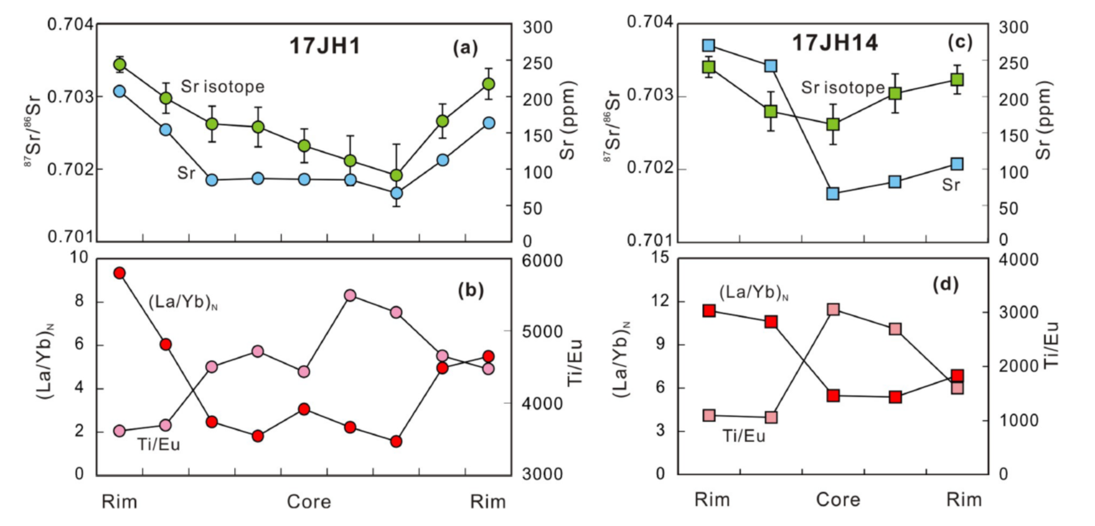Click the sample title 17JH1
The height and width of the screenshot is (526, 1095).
coord(325,46)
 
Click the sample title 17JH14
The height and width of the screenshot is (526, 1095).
coord(835,43)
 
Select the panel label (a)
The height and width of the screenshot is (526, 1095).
coord(465,48)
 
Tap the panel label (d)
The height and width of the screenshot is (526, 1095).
coord(946,285)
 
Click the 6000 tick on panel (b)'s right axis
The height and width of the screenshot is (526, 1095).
coord(542,261)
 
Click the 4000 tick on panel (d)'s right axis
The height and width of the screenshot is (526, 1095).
coord(1018,259)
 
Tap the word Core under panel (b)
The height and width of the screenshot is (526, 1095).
coord(309,502)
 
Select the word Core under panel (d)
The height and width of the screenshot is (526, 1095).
coord(838,500)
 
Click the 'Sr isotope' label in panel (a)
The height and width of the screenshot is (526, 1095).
coord(222,87)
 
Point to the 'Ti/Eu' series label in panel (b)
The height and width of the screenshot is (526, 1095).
coord(159,444)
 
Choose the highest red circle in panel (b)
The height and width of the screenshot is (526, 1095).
coord(120,273)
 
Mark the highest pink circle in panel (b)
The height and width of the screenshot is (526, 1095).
coord(350,295)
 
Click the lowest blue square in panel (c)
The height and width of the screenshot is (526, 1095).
coord(833,194)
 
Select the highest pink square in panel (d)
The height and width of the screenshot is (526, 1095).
coord(834,310)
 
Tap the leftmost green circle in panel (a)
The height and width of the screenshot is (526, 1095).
coord(120,65)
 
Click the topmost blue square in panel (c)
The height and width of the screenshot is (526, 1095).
coord(708,45)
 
